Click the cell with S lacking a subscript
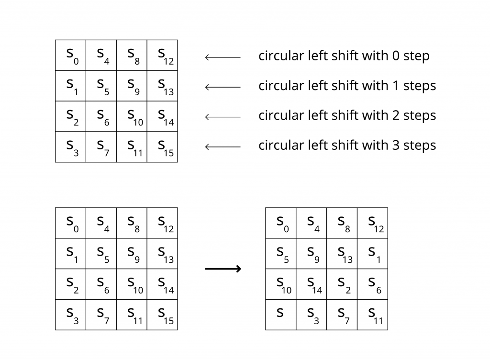pos(281,315)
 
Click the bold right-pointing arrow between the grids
pos(223,269)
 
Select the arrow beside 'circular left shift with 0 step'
pos(223,57)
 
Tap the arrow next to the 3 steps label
pos(223,146)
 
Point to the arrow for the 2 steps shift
pos(223,117)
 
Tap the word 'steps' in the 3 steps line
pos(420,145)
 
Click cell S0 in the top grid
pos(71,56)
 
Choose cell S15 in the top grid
pos(162,147)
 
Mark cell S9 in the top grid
pos(132,86)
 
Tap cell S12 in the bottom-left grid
pos(162,223)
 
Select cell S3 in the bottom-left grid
pos(71,315)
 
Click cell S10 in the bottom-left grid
pos(132,284)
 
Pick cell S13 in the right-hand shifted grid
pos(342,254)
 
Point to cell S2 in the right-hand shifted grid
pos(342,284)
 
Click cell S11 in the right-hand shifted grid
pos(373,315)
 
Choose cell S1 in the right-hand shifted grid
pos(373,254)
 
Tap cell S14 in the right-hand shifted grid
pos(312,284)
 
